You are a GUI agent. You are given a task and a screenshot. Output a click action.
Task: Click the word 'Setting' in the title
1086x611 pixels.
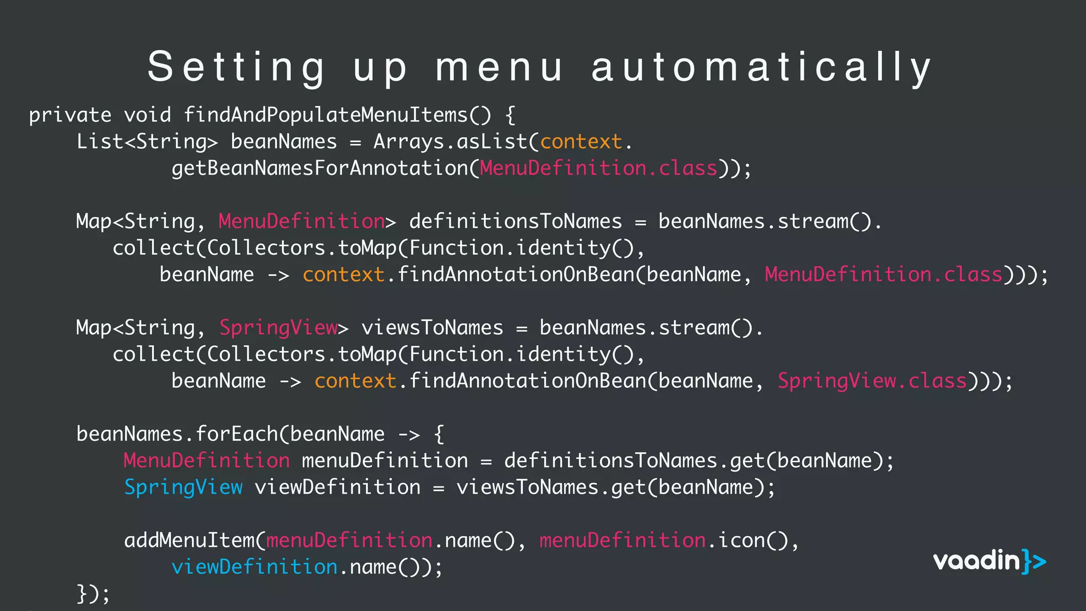pos(236,67)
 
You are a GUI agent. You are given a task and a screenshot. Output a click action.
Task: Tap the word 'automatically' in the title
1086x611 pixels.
pos(761,67)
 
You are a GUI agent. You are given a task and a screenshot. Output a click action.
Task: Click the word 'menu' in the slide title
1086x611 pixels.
pos(498,67)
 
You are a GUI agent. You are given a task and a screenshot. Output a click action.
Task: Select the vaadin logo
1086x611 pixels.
pos(989,561)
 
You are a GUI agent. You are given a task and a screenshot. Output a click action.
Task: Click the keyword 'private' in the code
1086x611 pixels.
pos(70,115)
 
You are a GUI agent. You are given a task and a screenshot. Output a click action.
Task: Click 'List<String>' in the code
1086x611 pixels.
pos(147,142)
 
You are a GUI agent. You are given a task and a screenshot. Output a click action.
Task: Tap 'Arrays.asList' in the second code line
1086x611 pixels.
pos(450,142)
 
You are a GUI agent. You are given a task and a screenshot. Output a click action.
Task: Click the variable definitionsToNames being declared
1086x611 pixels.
pos(515,222)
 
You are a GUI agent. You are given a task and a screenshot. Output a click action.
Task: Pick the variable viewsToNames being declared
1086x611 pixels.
pos(432,328)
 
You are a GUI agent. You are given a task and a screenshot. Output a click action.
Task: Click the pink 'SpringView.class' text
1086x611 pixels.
pos(872,381)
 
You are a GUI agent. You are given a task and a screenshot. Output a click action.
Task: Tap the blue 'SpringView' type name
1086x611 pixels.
pos(183,487)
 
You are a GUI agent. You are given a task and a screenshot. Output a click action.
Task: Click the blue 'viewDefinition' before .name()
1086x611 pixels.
pos(255,567)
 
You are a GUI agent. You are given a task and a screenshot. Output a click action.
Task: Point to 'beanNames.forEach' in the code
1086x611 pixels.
pos(177,434)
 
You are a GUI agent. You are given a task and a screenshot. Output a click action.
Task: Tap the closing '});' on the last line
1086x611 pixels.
pos(93,593)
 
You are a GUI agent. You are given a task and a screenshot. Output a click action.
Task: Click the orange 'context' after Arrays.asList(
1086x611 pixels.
pos(581,142)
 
